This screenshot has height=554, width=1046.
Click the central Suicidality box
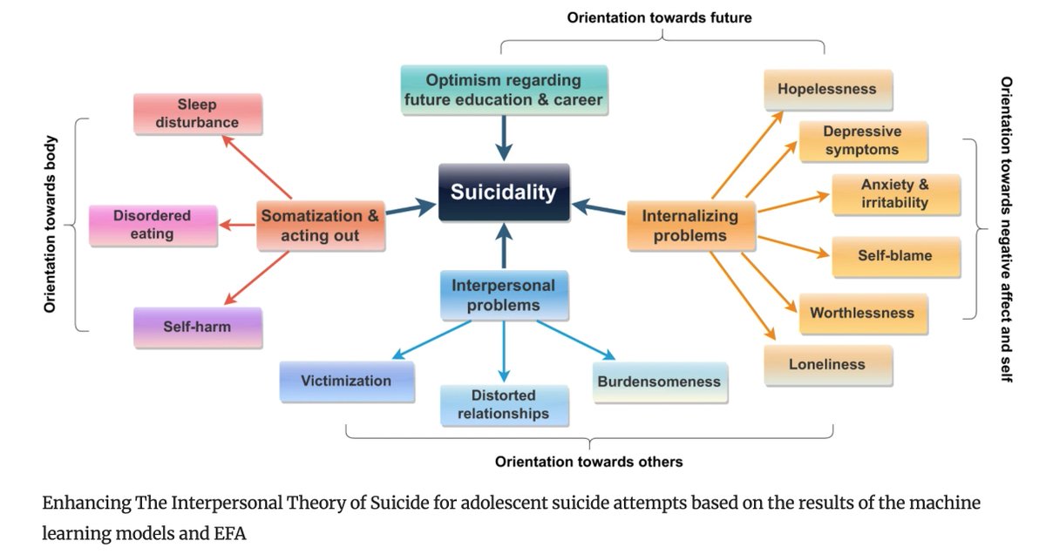coord(504,193)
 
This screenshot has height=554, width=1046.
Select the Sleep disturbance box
coord(197,114)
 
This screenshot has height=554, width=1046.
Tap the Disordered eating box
coord(153,224)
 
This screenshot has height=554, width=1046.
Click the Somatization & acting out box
coord(321,226)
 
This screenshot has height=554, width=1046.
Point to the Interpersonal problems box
coord(504,294)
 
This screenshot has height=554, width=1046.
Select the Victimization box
coord(346,382)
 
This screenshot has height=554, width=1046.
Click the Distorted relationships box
coord(504,404)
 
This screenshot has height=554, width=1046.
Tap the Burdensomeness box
coord(660,382)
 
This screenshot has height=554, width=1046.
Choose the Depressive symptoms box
coord(862,141)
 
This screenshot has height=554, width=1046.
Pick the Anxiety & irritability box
coord(895,194)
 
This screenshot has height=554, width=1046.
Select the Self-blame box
coord(895,256)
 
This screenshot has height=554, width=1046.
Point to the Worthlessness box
coord(862,314)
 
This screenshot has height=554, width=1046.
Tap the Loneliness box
coord(827,365)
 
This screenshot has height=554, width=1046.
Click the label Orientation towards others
coord(589,461)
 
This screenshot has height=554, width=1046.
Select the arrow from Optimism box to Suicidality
coord(504,138)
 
